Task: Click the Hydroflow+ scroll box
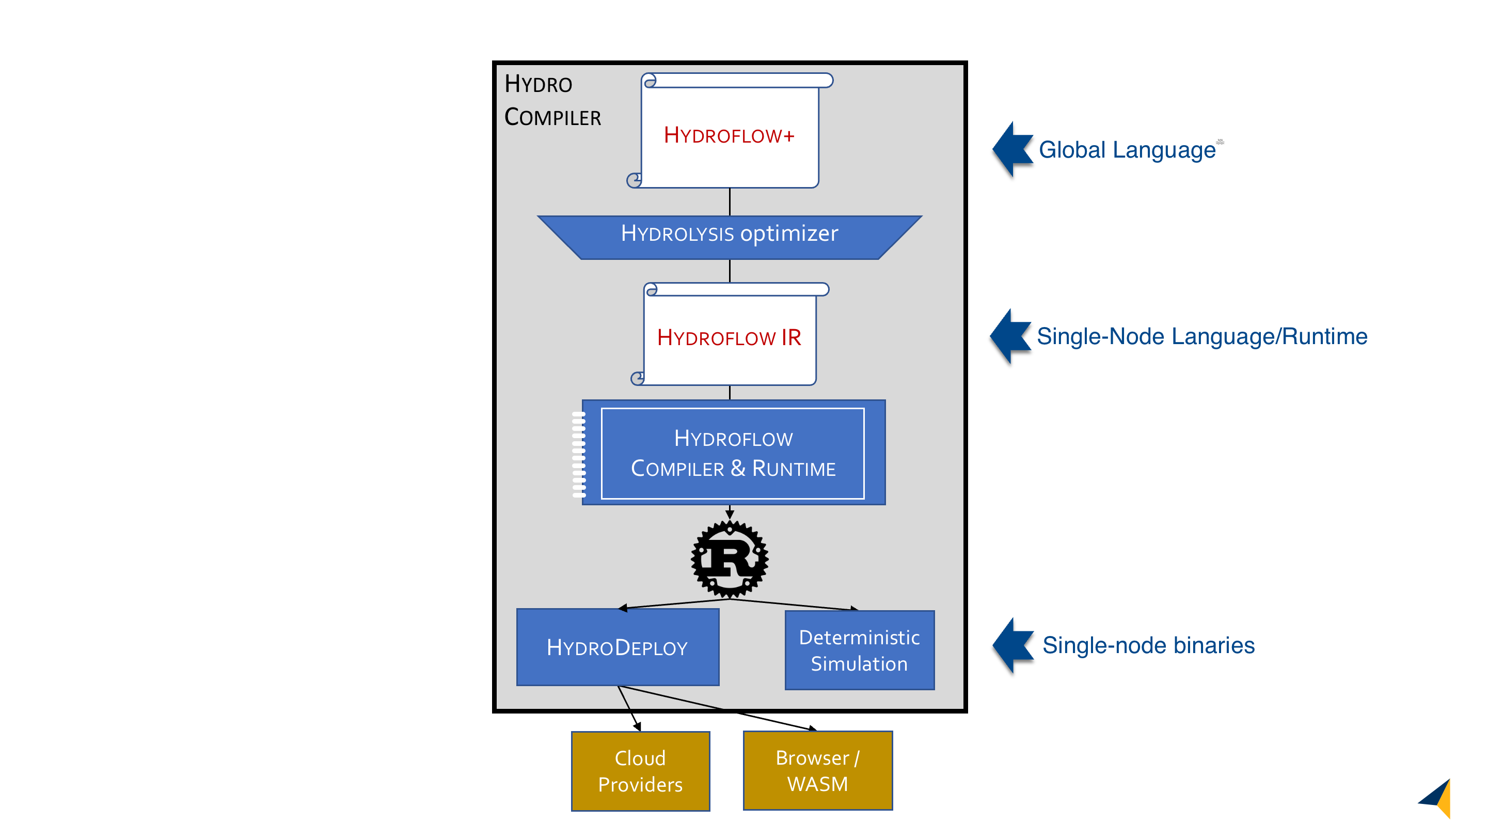coord(730,135)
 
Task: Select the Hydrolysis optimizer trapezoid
coord(730,237)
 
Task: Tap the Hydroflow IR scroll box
coord(730,337)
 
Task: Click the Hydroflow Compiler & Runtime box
coord(733,453)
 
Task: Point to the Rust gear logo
coord(730,559)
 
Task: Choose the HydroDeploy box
coord(617,647)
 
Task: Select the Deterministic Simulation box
coord(859,650)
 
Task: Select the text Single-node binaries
coord(1148,645)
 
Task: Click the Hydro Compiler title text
coord(552,101)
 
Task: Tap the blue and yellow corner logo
coord(1437,798)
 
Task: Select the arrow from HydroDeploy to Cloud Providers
coord(629,709)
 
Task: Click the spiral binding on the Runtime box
coord(578,454)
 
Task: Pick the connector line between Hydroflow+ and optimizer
coord(730,202)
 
